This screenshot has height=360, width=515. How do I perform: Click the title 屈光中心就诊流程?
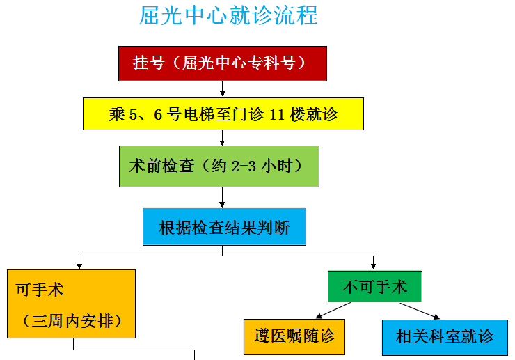228,15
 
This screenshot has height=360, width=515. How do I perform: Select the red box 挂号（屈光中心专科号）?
222,63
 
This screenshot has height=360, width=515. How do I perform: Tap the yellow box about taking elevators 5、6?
223,114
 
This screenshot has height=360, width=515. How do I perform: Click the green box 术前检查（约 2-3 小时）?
219,166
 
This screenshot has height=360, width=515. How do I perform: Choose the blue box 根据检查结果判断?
224,227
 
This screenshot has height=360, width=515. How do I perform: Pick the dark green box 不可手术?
374,286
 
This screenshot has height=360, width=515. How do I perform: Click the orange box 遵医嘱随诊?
294,336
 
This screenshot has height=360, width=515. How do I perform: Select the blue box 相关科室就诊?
444,336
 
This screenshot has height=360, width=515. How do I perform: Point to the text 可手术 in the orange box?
40,290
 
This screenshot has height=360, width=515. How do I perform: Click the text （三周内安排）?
72,321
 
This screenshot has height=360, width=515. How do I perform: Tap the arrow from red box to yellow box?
223,89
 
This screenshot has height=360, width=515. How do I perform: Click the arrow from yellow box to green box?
223,138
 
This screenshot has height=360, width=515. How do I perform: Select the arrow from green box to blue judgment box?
223,198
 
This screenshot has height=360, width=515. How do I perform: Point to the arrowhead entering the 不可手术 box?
374,266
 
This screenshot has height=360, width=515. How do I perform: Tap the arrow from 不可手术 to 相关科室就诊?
420,311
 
